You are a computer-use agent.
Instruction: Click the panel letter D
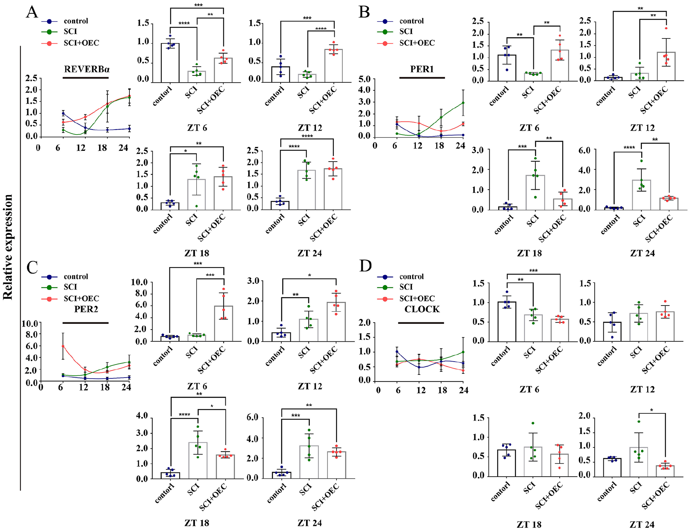pos(365,266)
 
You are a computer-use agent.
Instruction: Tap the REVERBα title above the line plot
pos(87,69)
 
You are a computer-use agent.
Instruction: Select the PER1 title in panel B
pos(422,69)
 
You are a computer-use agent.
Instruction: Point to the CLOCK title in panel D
pos(422,309)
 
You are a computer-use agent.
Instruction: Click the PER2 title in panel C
pos(86,309)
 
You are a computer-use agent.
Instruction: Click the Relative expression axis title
pos(8,247)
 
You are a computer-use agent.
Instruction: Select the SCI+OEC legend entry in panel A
pos(70,43)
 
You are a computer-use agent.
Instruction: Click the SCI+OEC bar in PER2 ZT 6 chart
pos(223,323)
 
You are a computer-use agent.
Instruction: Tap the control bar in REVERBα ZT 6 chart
pos(170,63)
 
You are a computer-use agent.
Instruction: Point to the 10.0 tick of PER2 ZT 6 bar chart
pos(139,282)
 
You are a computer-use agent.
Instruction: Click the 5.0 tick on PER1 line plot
pos(364,79)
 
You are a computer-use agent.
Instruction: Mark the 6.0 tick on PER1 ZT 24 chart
pos(584,151)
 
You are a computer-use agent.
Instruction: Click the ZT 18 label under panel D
pos(529,524)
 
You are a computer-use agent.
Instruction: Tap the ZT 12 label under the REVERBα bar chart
pos(310,128)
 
